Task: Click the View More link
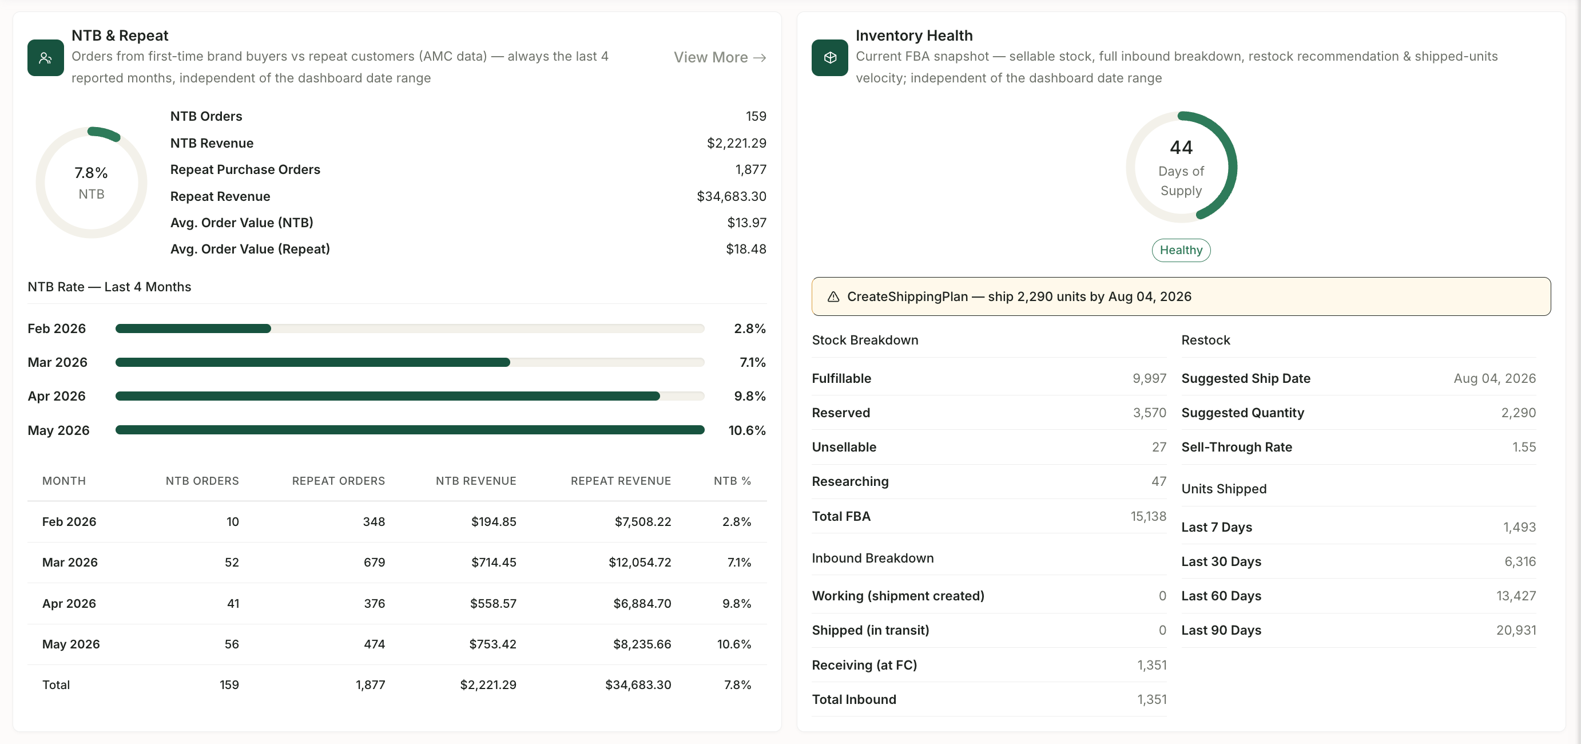click(720, 57)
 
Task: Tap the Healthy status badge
click(1181, 250)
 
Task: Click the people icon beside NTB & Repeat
click(45, 58)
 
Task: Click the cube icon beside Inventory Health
click(830, 58)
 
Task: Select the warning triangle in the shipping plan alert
click(833, 296)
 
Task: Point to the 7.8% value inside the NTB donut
click(91, 172)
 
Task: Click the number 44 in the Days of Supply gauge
click(1181, 147)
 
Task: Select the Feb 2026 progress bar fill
click(193, 329)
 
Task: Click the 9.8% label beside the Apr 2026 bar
click(749, 396)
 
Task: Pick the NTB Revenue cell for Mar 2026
click(494, 563)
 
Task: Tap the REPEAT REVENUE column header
click(621, 481)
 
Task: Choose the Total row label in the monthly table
click(56, 684)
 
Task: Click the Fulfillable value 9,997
click(1149, 378)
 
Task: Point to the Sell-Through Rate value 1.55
click(1523, 447)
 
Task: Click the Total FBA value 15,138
click(1149, 516)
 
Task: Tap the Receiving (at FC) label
click(864, 665)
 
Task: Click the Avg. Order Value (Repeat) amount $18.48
click(746, 248)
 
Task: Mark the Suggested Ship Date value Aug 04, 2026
click(1495, 378)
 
